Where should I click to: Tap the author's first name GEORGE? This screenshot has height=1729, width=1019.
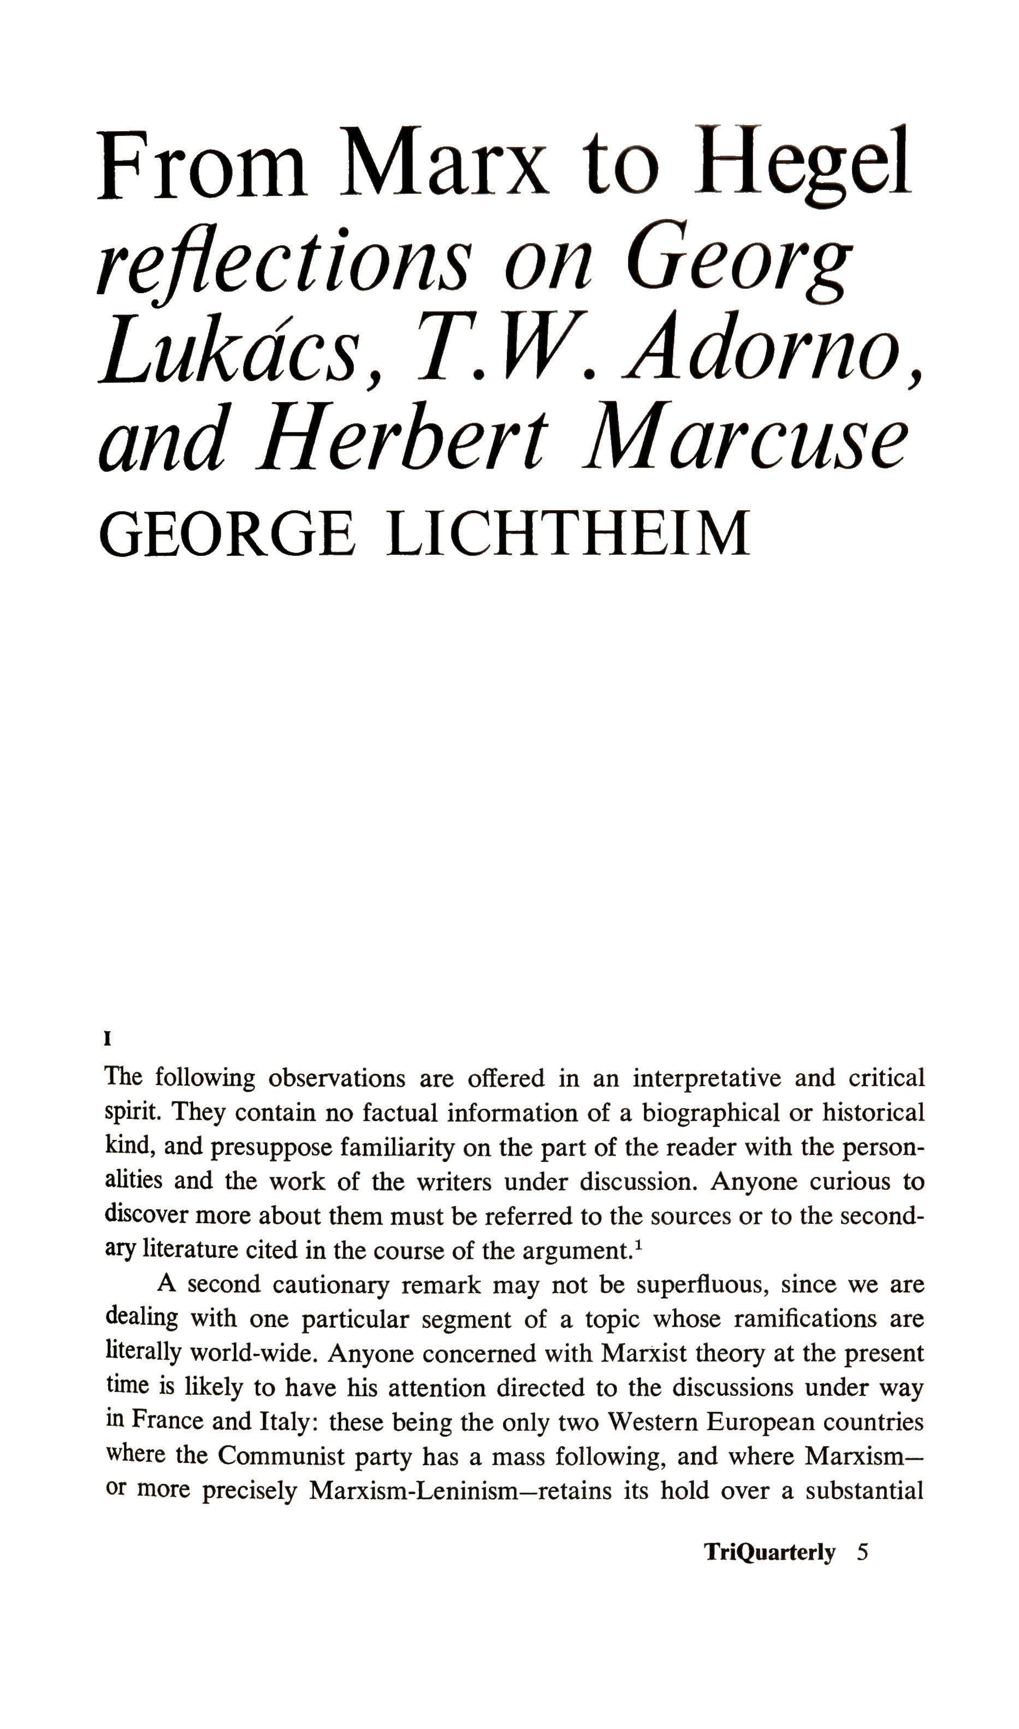click(x=227, y=534)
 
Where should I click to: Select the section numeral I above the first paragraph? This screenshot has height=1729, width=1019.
click(x=107, y=1039)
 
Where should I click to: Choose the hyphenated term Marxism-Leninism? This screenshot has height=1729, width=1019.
click(x=412, y=1490)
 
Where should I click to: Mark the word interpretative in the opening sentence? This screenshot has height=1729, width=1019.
click(x=707, y=1077)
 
